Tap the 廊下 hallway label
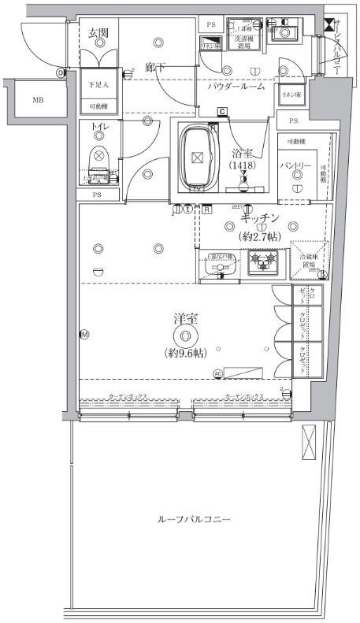click(154, 69)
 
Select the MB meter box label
click(38, 101)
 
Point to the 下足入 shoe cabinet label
click(98, 83)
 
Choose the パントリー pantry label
click(297, 166)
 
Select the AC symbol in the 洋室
click(217, 373)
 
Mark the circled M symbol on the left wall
click(84, 335)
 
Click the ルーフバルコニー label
click(193, 521)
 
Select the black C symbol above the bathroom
click(223, 111)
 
